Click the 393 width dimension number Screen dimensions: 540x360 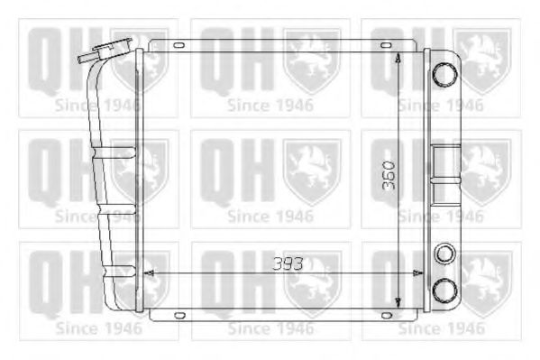point(288,263)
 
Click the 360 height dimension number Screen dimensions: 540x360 point(389,175)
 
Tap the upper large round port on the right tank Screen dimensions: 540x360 point(444,75)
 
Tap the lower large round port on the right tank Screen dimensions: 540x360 point(444,290)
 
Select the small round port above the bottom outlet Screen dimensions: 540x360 point(444,254)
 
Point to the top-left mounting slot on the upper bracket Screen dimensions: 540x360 point(179,45)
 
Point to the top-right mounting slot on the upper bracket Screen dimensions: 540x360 point(386,45)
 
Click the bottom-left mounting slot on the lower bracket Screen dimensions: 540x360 point(179,315)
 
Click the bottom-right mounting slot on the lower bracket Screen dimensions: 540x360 point(387,315)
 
